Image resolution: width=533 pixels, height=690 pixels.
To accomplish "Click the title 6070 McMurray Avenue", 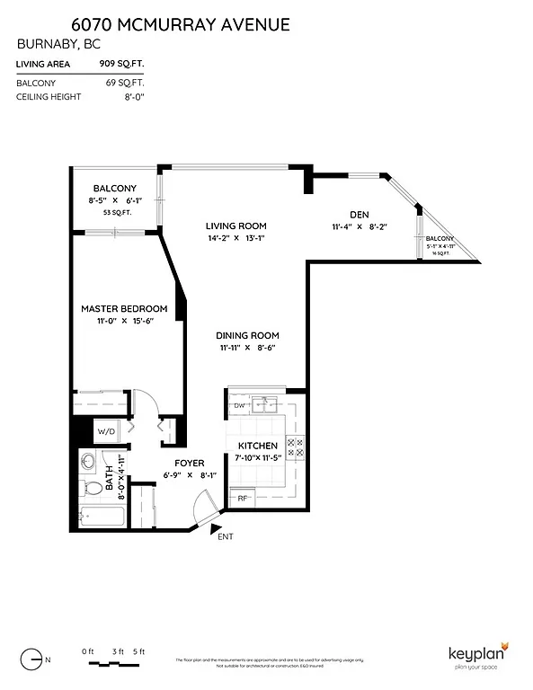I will coord(153,25).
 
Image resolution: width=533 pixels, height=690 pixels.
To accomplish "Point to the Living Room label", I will coord(235,226).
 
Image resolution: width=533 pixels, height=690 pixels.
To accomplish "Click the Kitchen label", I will coord(257,446).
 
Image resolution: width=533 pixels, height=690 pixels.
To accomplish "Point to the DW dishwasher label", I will coord(239,405).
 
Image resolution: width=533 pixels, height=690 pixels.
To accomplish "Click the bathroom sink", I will coord(89,463).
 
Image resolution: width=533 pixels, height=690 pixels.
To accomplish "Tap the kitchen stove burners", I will coord(295,447).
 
